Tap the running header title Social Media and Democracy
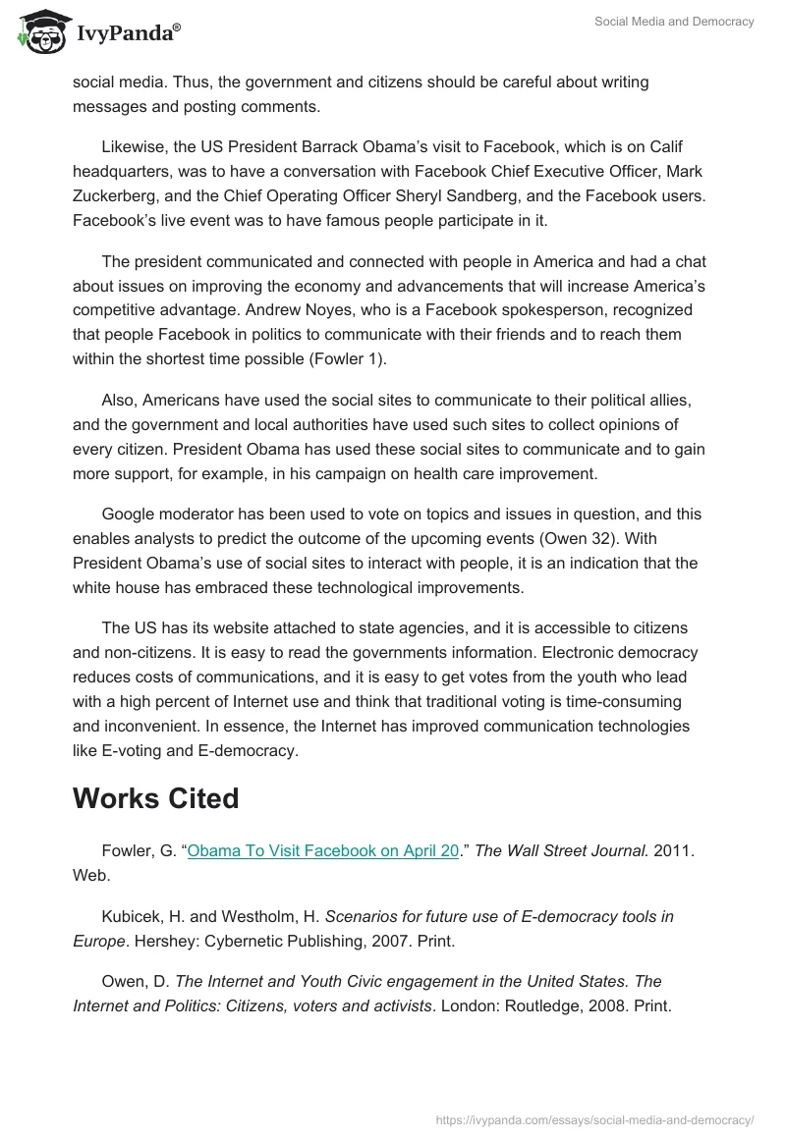[674, 22]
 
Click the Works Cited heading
[155, 798]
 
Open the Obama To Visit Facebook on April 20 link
[323, 851]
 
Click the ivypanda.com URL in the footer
[594, 1118]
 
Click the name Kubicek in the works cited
[132, 916]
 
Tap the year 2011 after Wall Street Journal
[674, 851]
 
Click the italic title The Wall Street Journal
[562, 851]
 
